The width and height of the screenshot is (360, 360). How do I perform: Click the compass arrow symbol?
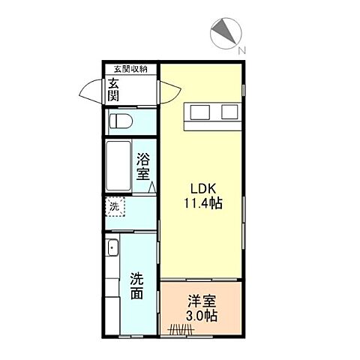click(223, 34)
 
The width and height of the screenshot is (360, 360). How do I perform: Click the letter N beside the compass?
click(241, 51)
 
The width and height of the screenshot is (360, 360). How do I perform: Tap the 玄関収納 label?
click(130, 69)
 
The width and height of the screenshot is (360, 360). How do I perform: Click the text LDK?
click(200, 187)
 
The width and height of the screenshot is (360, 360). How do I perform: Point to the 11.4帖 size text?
click(202, 202)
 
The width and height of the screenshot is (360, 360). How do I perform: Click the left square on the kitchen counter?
click(200, 112)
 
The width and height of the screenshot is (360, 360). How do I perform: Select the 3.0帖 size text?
click(201, 316)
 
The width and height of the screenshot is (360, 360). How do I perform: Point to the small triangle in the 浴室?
click(151, 188)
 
